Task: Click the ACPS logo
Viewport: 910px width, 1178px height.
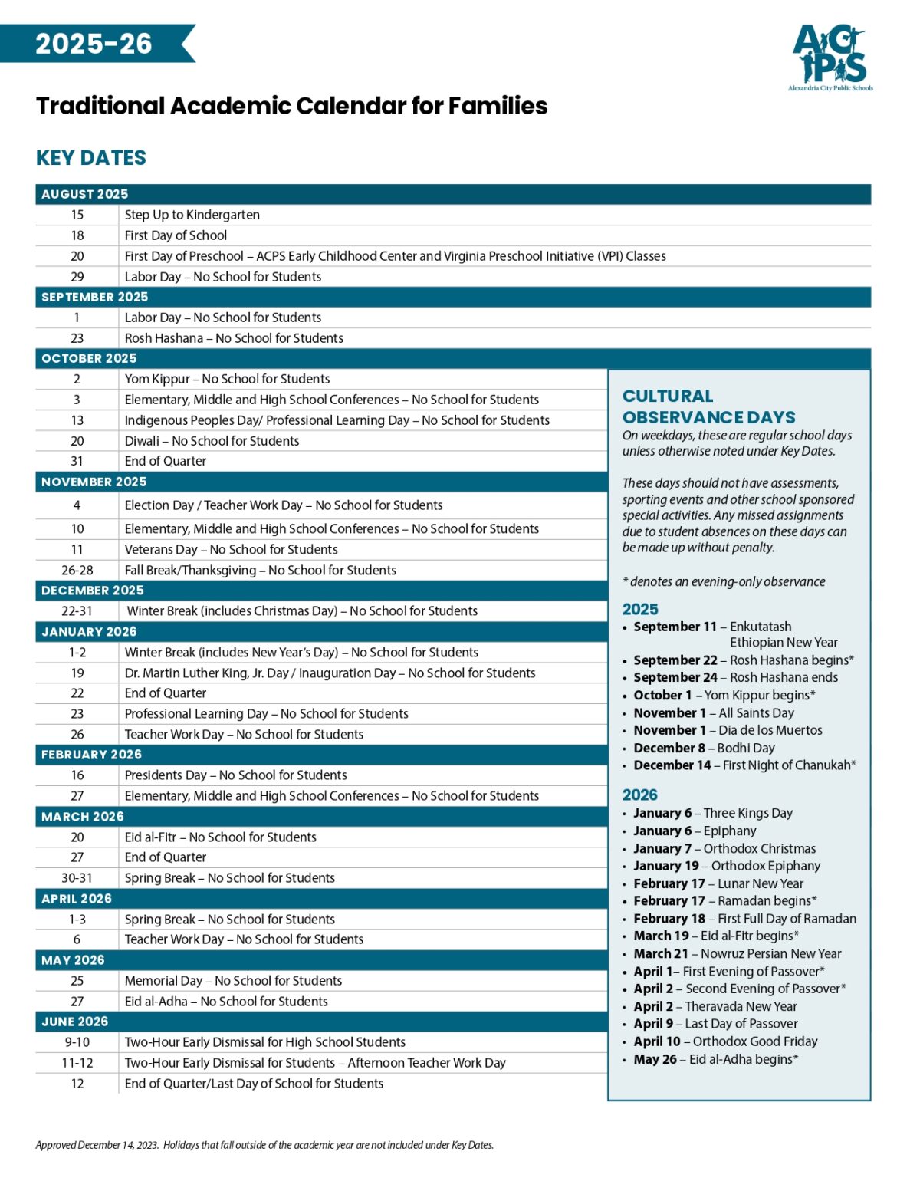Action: [x=831, y=57]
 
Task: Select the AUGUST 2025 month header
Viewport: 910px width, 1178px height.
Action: [x=84, y=194]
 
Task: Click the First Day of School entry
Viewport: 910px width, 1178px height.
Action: [x=176, y=235]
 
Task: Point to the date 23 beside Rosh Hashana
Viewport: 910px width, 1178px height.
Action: [x=77, y=338]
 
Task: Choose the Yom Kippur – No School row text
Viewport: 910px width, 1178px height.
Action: [x=227, y=379]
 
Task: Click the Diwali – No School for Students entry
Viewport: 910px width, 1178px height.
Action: [x=212, y=441]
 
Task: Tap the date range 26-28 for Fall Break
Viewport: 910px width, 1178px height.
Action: [x=77, y=571]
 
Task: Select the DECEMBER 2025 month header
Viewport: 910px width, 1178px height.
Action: [x=92, y=591]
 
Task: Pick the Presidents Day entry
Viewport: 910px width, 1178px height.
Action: [x=235, y=775]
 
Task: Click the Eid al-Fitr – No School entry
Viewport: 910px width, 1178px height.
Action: [x=220, y=837]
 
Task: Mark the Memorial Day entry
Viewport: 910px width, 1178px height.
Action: [x=233, y=981]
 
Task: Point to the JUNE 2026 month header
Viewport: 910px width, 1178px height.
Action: [x=74, y=1022]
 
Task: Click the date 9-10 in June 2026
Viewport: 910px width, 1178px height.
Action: [x=77, y=1042]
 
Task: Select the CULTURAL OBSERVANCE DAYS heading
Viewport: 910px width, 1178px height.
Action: [x=708, y=406]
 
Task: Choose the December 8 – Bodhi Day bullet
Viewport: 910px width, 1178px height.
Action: [x=704, y=748]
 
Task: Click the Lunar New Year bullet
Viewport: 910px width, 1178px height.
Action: [x=718, y=883]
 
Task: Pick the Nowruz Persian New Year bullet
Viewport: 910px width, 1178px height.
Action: [x=737, y=954]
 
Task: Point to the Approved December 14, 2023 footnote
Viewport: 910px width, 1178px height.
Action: [x=264, y=1145]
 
